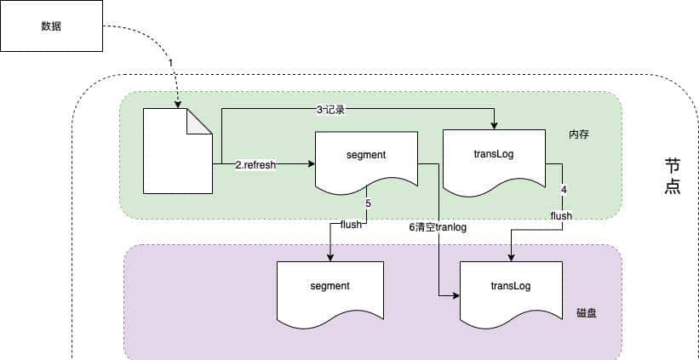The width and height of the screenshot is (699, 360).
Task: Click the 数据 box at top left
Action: click(51, 26)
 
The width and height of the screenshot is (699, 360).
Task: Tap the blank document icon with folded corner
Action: click(177, 151)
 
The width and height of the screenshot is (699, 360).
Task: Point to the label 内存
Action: click(580, 135)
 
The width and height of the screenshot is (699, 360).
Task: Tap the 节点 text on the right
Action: click(673, 175)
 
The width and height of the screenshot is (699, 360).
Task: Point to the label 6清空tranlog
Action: click(438, 227)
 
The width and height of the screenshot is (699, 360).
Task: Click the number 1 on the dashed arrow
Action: click(170, 63)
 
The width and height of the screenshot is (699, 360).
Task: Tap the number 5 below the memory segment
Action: click(368, 204)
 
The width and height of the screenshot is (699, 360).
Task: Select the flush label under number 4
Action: click(561, 216)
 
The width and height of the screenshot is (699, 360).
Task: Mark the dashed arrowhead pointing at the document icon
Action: click(177, 105)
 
